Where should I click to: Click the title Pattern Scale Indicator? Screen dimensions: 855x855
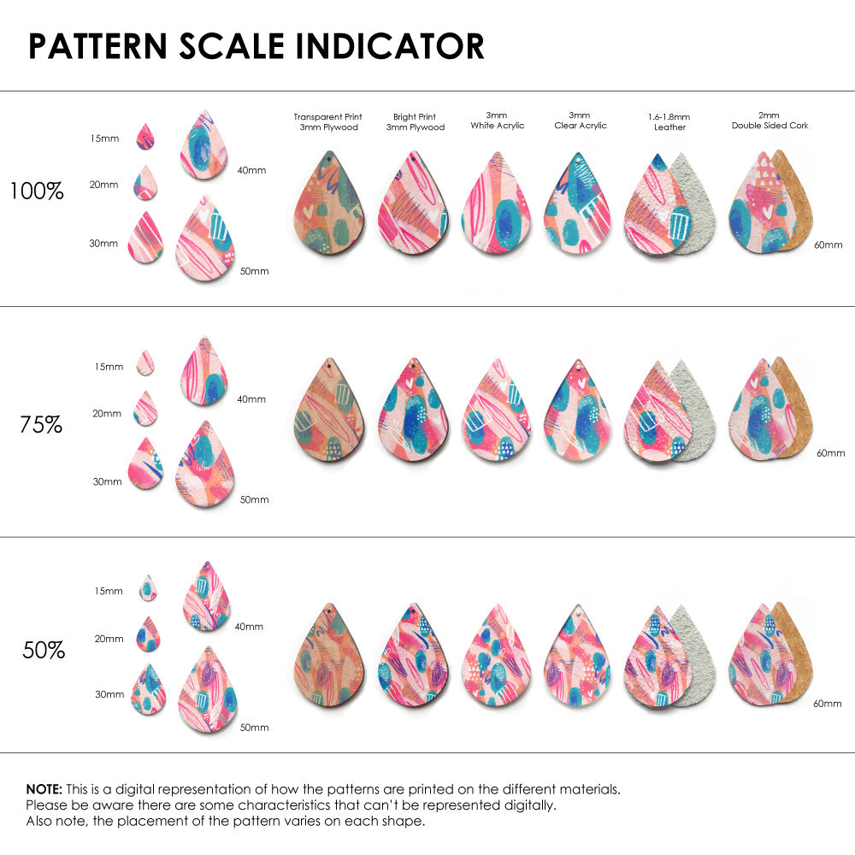coord(256,46)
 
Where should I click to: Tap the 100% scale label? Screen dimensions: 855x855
coord(37,192)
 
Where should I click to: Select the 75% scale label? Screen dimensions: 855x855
coord(41,424)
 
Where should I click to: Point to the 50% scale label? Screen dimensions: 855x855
coord(44,651)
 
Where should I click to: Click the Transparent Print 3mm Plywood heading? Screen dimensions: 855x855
coord(327,121)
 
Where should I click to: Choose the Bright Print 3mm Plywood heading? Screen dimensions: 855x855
coord(416,121)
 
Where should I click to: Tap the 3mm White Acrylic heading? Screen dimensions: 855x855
coord(497,121)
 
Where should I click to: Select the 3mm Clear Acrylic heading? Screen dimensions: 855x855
coord(580,121)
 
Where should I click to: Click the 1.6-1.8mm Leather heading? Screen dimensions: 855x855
coord(669,121)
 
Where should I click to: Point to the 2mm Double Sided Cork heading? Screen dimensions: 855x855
coord(769,121)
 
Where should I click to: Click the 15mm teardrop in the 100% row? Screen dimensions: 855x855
coord(144,137)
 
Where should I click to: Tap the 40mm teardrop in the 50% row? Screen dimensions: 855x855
coord(207,596)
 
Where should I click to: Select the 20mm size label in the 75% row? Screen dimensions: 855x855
coord(107,414)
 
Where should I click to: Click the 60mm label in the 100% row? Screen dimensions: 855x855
coord(828,245)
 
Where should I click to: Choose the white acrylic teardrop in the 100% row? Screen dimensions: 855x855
coord(496,203)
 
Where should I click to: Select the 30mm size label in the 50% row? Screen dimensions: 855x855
coord(109,695)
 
